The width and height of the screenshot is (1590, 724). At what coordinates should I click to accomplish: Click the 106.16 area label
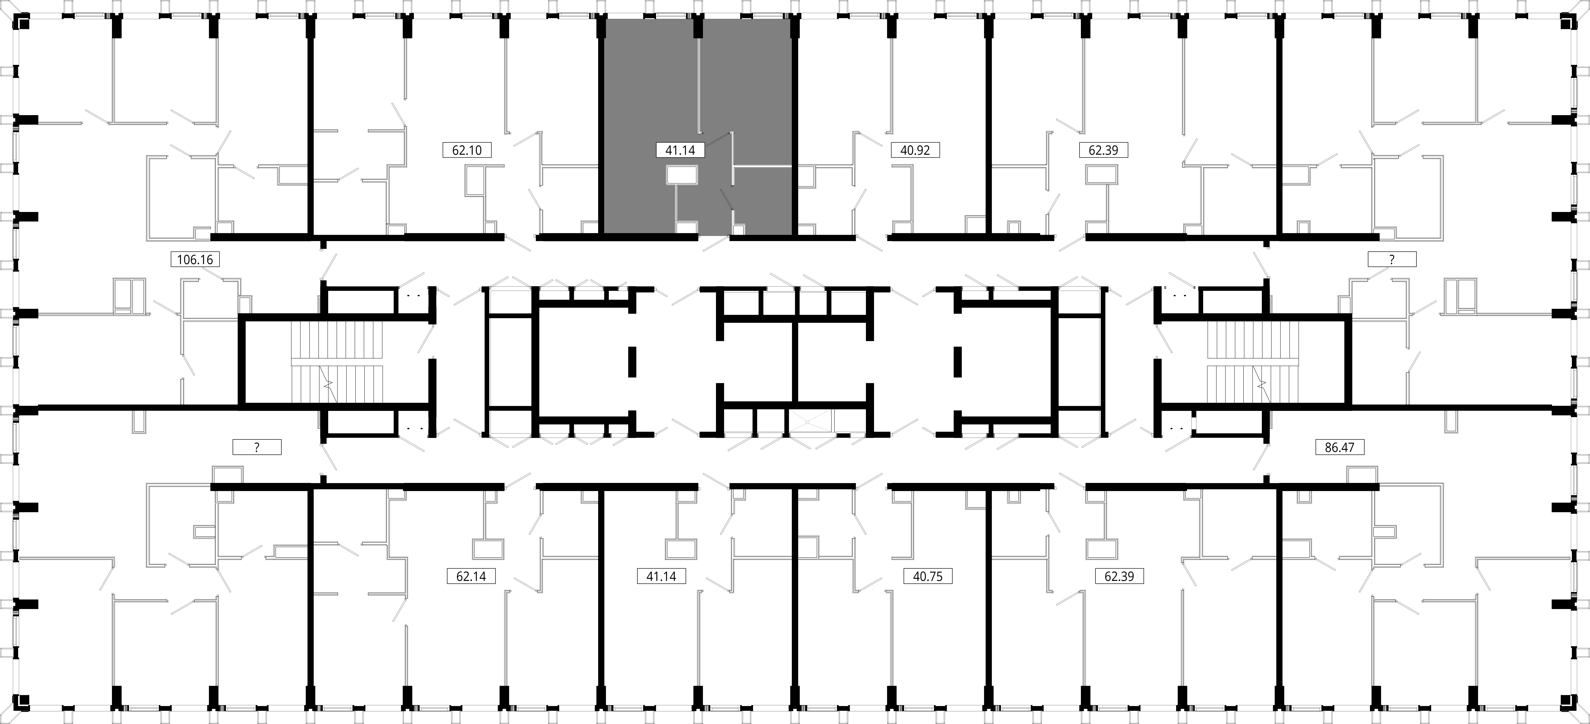pyautogui.click(x=195, y=259)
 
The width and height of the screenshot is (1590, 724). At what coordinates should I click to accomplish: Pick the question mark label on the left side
pyautogui.click(x=257, y=447)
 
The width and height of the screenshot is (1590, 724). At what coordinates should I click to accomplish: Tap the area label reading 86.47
pyautogui.click(x=1339, y=447)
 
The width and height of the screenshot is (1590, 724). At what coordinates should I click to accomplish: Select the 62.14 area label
pyautogui.click(x=471, y=576)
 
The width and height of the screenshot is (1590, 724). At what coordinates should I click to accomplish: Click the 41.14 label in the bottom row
pyautogui.click(x=661, y=576)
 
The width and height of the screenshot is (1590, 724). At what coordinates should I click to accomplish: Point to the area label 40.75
pyautogui.click(x=928, y=576)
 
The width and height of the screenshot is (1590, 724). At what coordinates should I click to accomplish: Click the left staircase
pyautogui.click(x=337, y=363)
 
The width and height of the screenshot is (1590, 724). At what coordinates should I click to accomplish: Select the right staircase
pyautogui.click(x=1253, y=363)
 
